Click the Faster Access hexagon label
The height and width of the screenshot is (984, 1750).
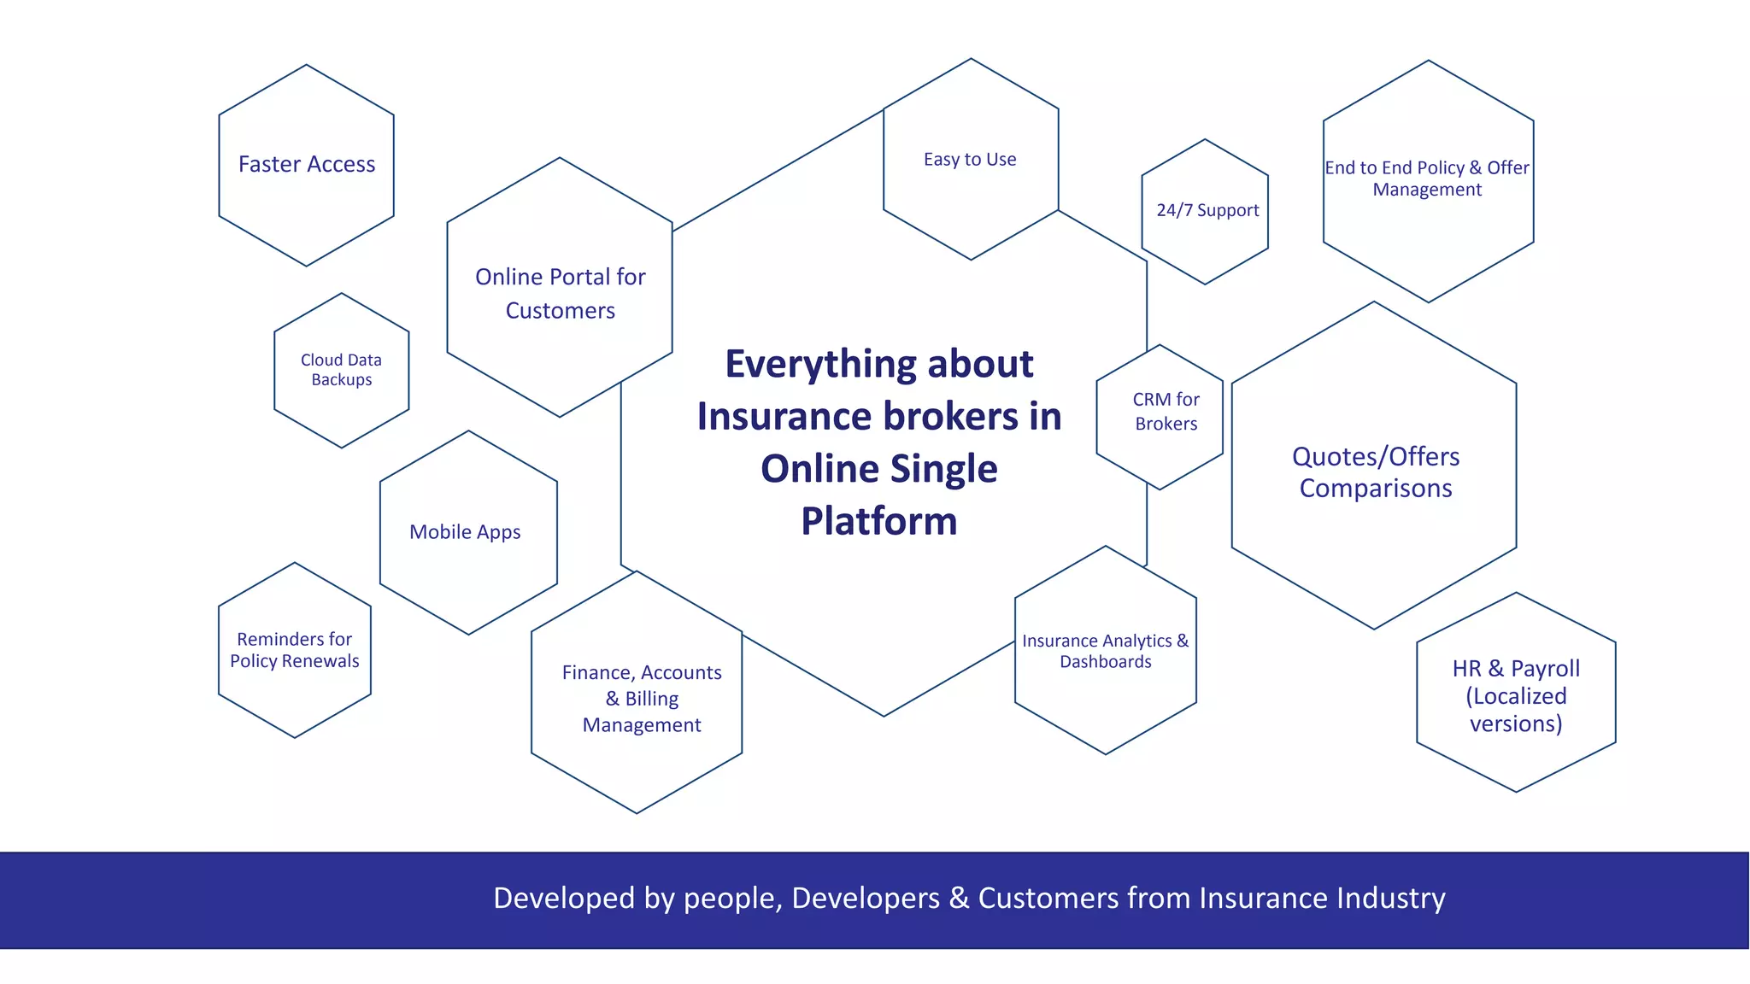pos(307,164)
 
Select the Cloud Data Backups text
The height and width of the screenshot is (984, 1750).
pos(341,370)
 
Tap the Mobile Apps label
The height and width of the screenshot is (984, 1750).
pos(465,532)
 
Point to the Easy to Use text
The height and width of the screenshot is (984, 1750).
pos(970,160)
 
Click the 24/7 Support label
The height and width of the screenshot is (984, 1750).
pos(1207,210)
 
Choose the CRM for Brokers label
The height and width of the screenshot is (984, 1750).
pos(1166,412)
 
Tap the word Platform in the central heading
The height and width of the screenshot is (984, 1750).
pos(878,521)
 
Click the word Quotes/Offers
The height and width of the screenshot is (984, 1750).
pos(1376,457)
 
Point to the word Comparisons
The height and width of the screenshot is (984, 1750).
pos(1376,489)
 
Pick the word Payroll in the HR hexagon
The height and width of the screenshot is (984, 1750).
pos(1545,669)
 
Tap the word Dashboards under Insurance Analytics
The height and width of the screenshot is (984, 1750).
pos(1106,662)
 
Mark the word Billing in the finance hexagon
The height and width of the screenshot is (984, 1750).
pos(652,699)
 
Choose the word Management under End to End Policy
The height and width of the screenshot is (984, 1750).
pos(1427,190)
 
